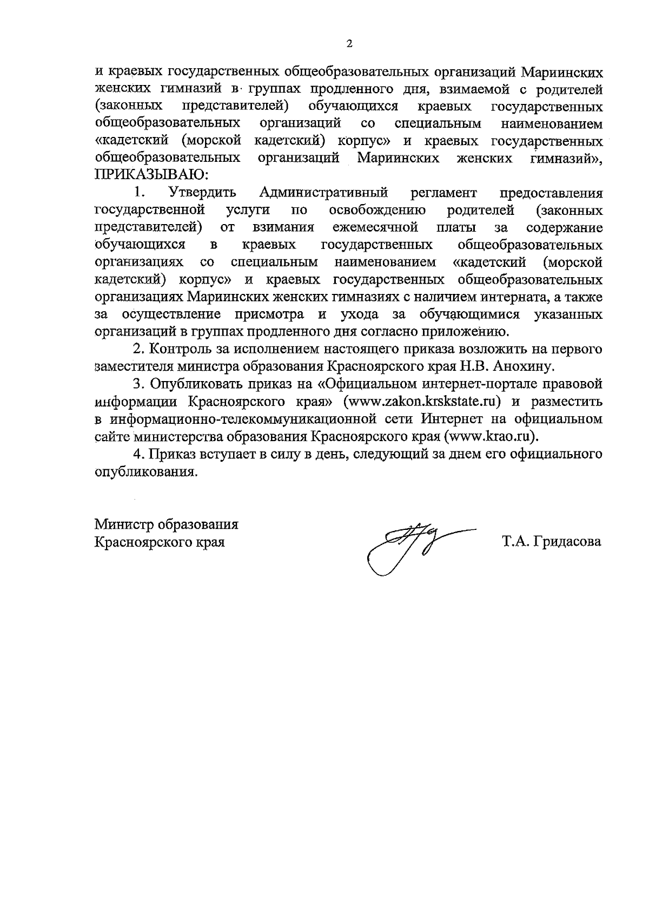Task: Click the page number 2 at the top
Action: (349, 44)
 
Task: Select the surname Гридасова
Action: (567, 542)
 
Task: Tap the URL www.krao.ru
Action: (491, 436)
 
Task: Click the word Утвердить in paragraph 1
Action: (202, 193)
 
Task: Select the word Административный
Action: (324, 193)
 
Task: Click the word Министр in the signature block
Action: (123, 524)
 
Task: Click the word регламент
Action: (444, 193)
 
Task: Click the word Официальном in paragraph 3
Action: (368, 384)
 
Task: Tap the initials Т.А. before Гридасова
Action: (514, 542)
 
